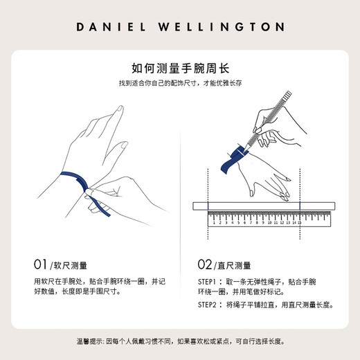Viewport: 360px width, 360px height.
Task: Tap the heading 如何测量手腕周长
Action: point(180,69)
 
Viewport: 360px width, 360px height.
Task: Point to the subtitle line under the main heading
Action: point(180,84)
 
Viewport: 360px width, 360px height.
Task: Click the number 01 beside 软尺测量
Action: point(40,265)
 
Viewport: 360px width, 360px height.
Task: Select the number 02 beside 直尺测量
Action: point(205,265)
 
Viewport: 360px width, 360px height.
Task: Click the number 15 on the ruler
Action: point(299,223)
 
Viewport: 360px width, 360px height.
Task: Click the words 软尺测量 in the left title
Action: point(71,265)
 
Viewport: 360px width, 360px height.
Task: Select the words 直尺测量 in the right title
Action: point(236,265)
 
